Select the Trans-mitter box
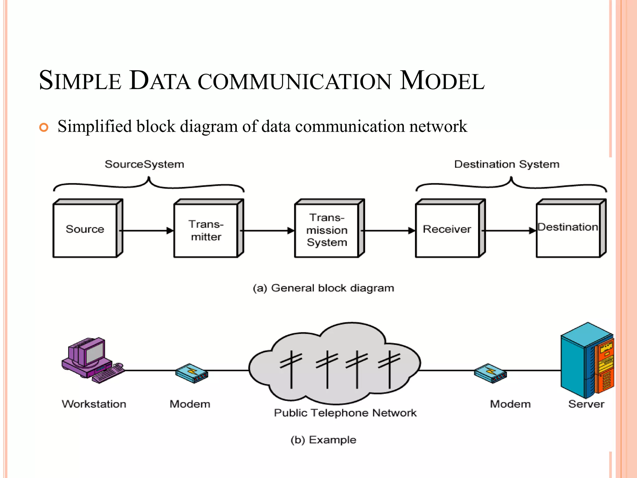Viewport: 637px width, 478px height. (x=206, y=230)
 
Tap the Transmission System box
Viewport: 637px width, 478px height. (x=327, y=230)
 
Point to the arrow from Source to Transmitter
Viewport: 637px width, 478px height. (x=146, y=231)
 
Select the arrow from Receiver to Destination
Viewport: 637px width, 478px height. (x=509, y=231)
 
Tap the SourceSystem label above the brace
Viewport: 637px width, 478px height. (x=144, y=164)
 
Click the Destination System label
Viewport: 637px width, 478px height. (x=507, y=164)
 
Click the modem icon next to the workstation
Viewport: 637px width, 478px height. (x=192, y=373)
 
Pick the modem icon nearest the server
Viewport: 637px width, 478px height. (x=491, y=373)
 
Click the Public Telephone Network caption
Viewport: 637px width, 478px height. (x=345, y=413)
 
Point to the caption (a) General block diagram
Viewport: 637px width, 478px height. (x=323, y=288)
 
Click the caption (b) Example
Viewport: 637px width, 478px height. (x=323, y=440)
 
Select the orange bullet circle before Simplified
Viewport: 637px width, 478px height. (x=44, y=127)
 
